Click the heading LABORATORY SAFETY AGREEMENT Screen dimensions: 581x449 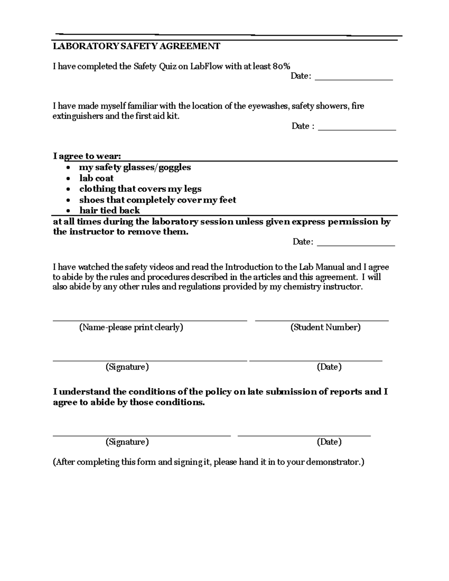(136, 46)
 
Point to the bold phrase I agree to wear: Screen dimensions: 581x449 (87, 156)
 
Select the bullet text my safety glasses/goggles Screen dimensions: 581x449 (135, 167)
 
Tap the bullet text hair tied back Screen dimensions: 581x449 (109, 210)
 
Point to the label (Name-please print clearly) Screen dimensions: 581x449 (131, 327)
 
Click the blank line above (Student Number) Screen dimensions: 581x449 (322, 320)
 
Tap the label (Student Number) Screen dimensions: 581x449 (325, 327)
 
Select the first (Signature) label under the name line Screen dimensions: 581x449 (127, 367)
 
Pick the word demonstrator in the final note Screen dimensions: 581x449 (335, 462)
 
